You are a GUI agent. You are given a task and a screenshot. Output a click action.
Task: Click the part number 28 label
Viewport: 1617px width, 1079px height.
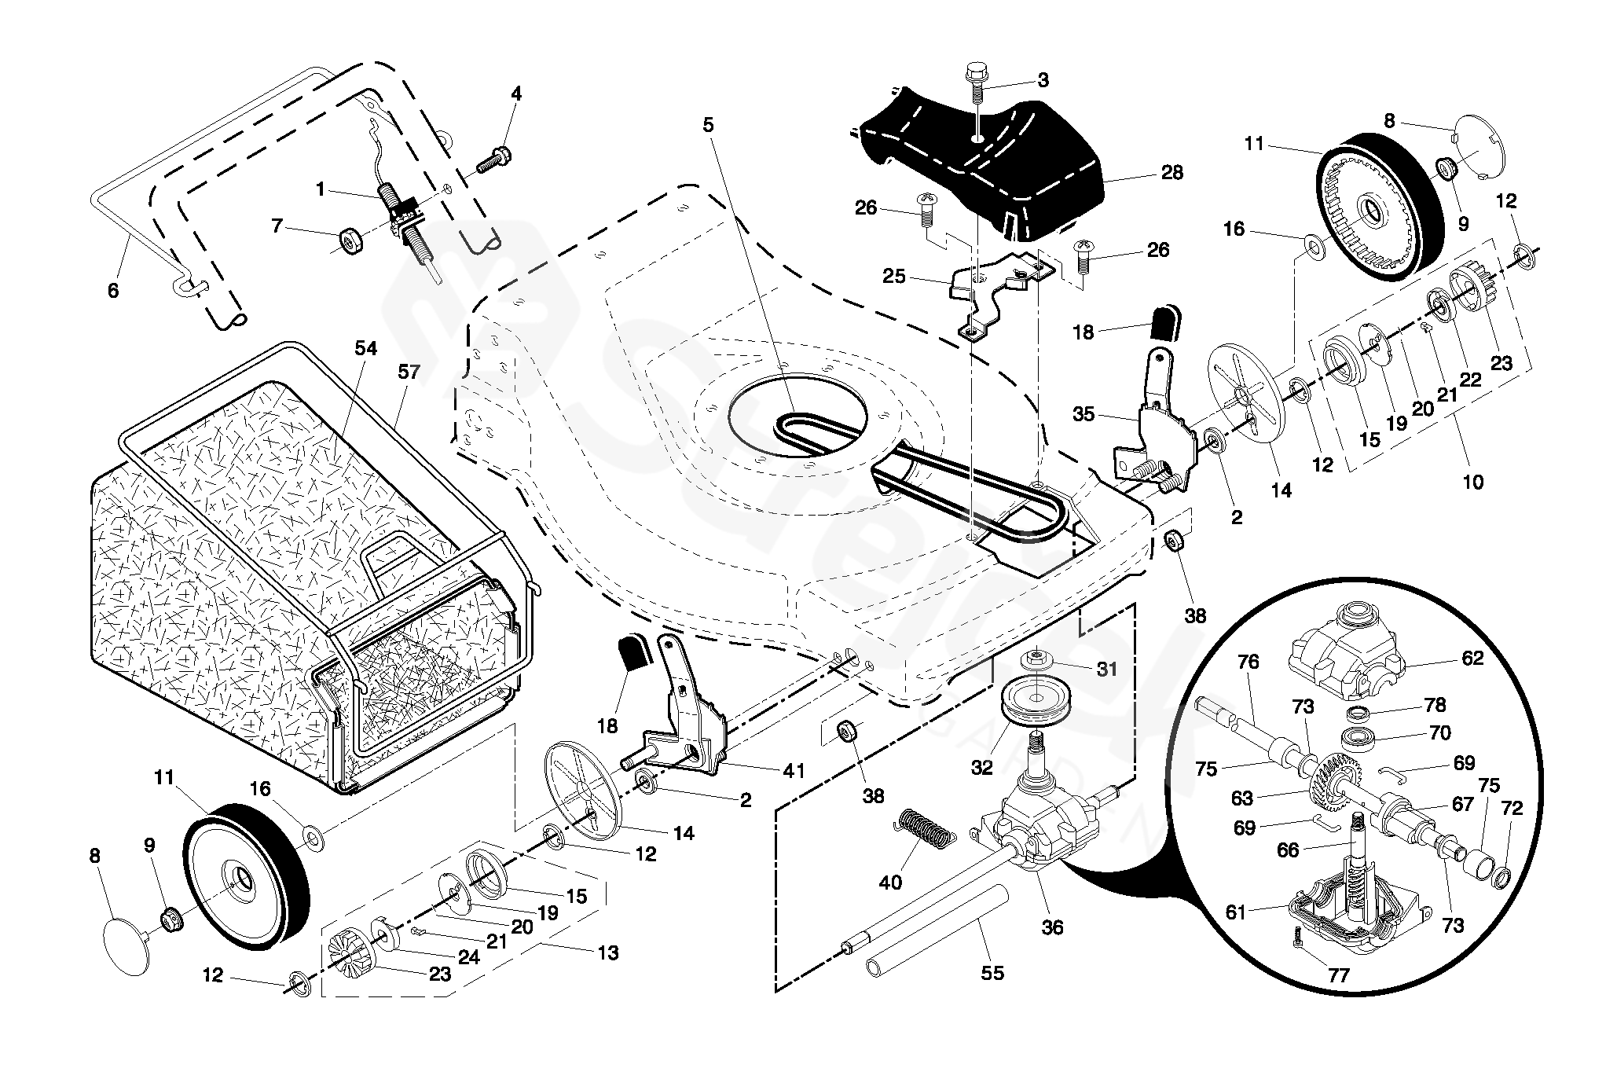[x=1171, y=172]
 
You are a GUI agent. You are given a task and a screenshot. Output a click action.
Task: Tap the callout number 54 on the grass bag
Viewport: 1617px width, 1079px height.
[x=366, y=348]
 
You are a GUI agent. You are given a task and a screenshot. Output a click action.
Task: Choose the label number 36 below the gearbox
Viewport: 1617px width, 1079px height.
[x=1052, y=927]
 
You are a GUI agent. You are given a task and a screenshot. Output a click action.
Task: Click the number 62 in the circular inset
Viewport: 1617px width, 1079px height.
[x=1472, y=658]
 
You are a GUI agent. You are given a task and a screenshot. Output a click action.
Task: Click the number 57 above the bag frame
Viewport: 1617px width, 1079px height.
[x=409, y=371]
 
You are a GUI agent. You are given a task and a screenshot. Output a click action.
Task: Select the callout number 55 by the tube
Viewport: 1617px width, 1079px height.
[x=992, y=972]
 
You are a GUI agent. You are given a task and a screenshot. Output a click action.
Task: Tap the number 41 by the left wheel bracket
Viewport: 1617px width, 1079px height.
[x=794, y=771]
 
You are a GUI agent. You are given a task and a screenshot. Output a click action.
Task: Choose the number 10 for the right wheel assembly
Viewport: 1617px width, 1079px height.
[x=1472, y=481]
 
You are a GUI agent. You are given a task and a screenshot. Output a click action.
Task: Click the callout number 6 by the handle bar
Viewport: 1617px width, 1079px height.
[x=113, y=291]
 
